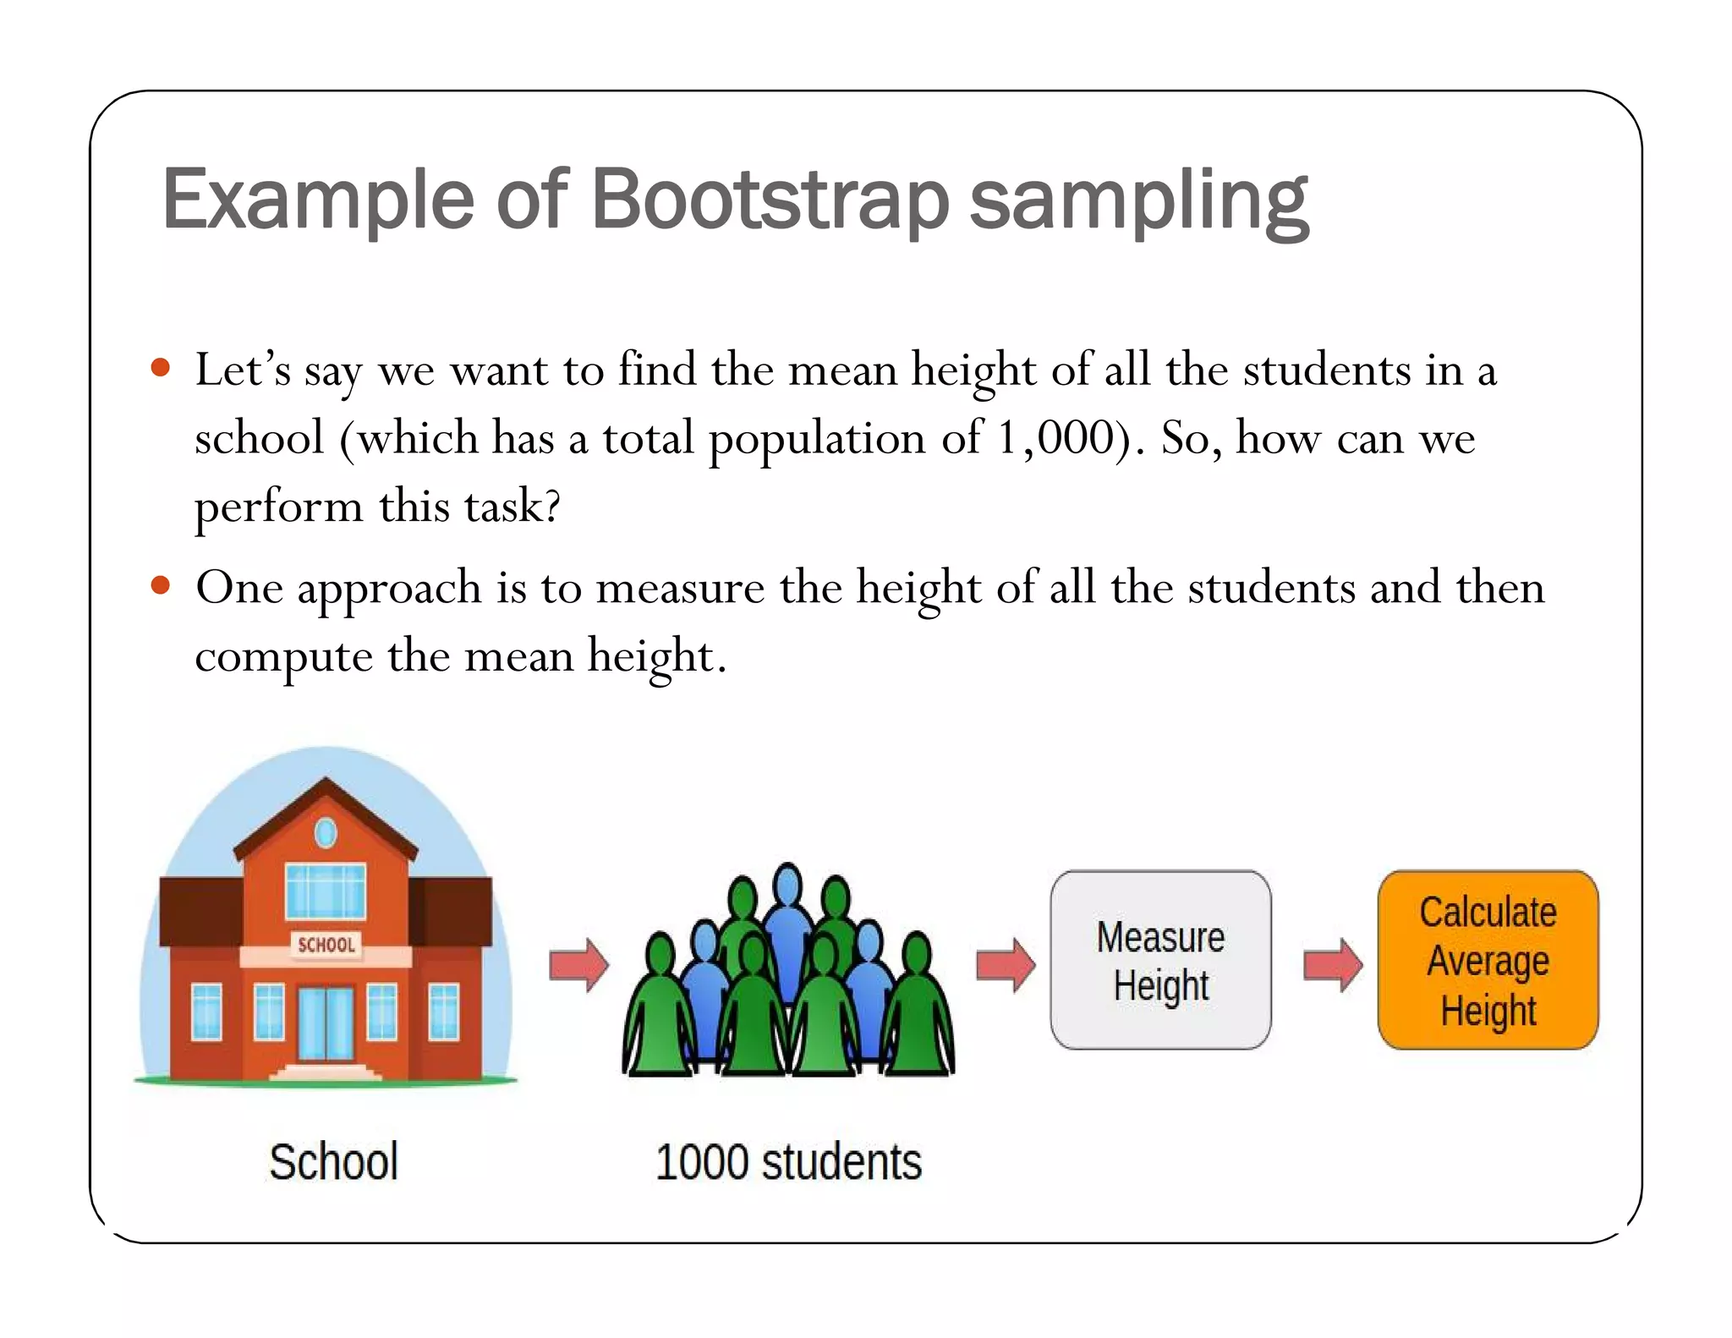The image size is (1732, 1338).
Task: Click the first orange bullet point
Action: tap(160, 368)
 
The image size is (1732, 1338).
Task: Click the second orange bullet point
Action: tap(160, 585)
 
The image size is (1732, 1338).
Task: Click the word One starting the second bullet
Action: tap(238, 587)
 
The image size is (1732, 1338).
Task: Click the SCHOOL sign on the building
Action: tap(326, 945)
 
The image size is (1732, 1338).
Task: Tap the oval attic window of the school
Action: tap(326, 833)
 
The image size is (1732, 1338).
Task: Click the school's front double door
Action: tap(326, 1023)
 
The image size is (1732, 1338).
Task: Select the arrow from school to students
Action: tap(578, 964)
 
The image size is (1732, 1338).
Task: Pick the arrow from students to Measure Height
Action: tap(1006, 964)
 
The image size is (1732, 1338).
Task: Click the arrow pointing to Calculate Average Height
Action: tap(1333, 964)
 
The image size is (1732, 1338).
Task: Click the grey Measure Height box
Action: tap(1160, 960)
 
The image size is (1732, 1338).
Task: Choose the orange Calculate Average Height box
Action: tap(1488, 960)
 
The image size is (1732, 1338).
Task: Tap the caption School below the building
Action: tap(333, 1160)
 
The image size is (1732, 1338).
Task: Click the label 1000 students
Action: tap(788, 1161)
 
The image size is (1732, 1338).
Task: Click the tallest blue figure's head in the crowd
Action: tap(787, 884)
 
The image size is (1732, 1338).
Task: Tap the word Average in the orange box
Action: tap(1488, 962)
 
